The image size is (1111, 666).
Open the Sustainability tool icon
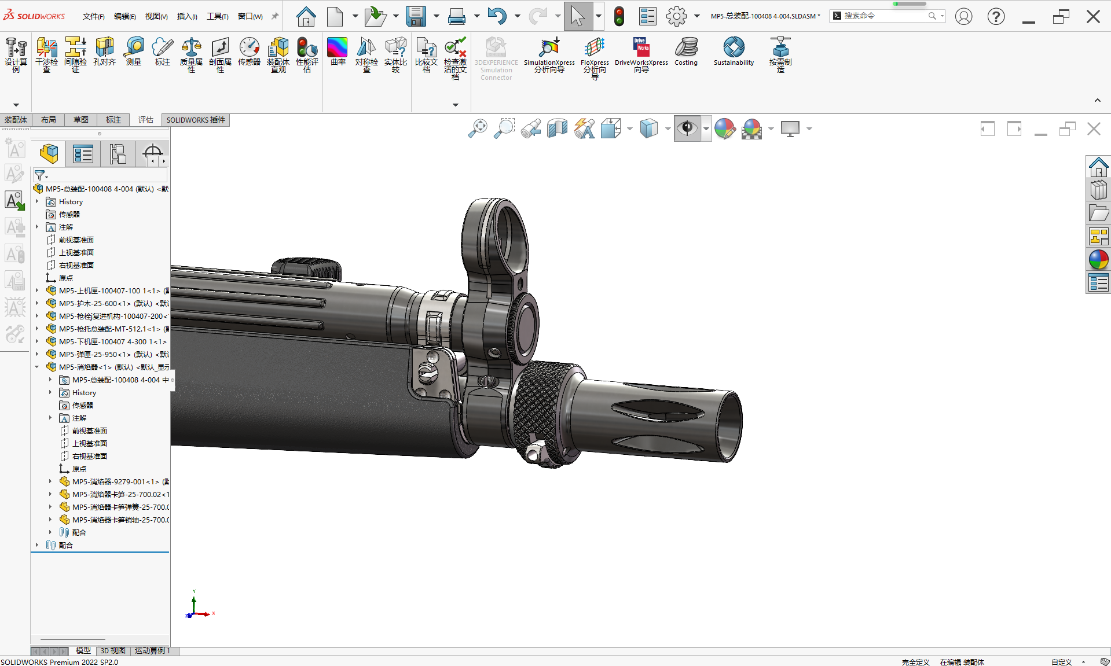[x=734, y=51]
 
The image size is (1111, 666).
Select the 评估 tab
[x=146, y=120]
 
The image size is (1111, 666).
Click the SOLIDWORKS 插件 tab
[x=196, y=120]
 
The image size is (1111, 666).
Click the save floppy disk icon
[x=415, y=16]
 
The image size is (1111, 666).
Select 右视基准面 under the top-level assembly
[x=76, y=265]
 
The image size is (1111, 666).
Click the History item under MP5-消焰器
[x=84, y=392]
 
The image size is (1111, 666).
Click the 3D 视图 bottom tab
[x=113, y=650]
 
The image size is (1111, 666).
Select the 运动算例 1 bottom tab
[x=152, y=650]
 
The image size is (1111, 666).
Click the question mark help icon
[x=996, y=16]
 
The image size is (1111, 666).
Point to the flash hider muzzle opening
[x=731, y=425]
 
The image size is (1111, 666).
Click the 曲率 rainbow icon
[x=337, y=51]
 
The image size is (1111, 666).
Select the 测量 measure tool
[x=134, y=51]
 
